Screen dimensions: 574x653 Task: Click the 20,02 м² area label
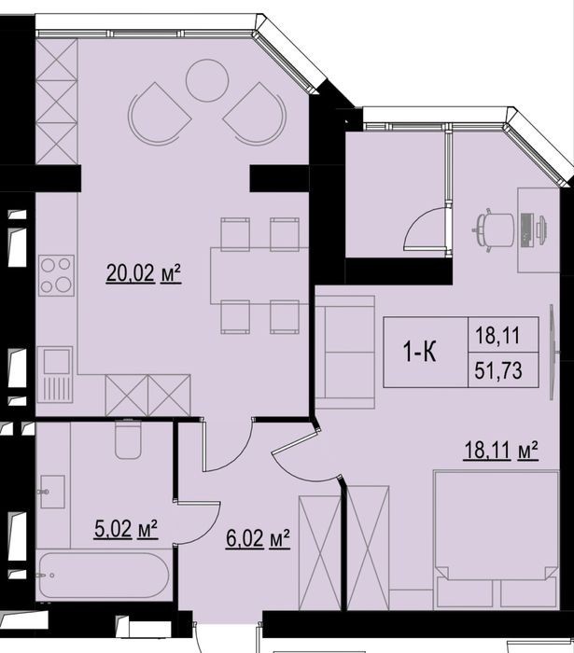click(144, 273)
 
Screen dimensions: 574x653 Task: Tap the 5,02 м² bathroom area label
click(126, 529)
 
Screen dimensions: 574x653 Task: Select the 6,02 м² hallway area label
click(258, 538)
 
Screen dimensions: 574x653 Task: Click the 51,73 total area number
click(498, 369)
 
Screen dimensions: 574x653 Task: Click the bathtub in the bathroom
click(105, 576)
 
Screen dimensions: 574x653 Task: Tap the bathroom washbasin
click(52, 492)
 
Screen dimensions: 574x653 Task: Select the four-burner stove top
click(56, 275)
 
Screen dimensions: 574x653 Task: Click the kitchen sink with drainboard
click(55, 374)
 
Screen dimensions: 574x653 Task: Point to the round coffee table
click(206, 80)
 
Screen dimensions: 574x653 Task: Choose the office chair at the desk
click(494, 229)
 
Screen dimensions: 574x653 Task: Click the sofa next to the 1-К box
click(345, 352)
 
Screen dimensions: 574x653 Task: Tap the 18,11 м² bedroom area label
click(500, 451)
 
